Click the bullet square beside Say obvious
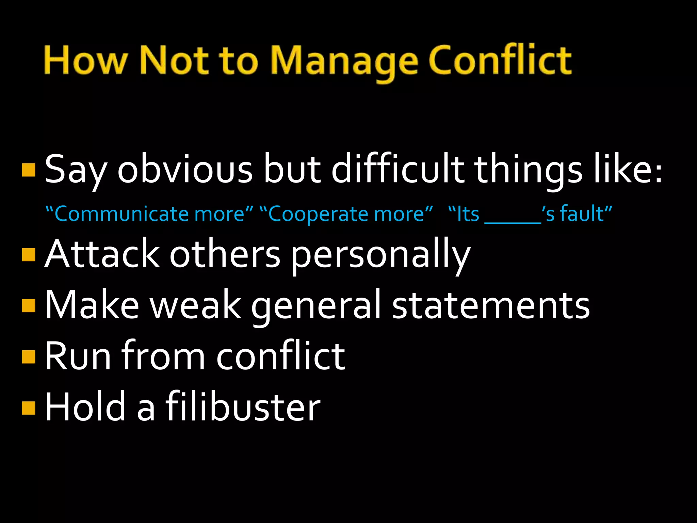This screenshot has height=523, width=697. (x=29, y=170)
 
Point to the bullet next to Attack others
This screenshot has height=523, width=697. (x=29, y=254)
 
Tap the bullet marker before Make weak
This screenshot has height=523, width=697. (x=29, y=305)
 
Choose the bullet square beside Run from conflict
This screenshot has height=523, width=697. (x=29, y=356)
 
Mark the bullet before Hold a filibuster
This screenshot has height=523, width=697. (x=29, y=407)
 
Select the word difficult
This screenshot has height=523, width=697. (x=398, y=169)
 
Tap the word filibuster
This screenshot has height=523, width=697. (x=243, y=406)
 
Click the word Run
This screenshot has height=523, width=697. (x=78, y=356)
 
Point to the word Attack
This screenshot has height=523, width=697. (x=102, y=254)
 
